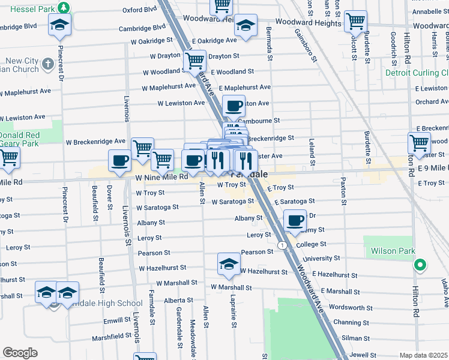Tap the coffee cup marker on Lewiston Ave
pos(234,107)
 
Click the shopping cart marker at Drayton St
pos(194,61)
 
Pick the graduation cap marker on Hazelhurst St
pos(228,265)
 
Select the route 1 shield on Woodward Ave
pos(281,245)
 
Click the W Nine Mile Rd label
pos(161,178)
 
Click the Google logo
pos(20,353)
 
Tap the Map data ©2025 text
pos(423,355)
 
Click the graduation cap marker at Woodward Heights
pos(244,27)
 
